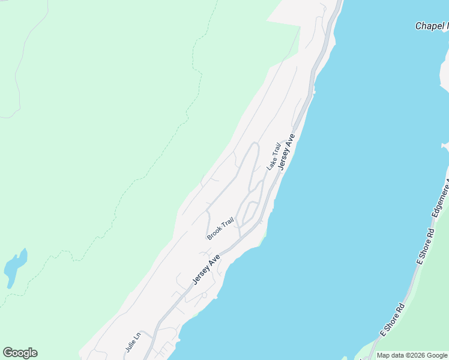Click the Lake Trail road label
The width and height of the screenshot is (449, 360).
[x=274, y=156]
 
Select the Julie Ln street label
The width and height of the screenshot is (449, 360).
[x=133, y=340]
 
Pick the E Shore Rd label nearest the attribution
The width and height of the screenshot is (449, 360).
[x=393, y=320]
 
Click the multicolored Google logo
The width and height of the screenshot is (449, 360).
[x=20, y=353]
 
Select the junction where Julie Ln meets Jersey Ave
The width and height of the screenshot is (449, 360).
[x=155, y=332]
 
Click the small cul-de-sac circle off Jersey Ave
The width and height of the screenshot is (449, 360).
[x=204, y=295]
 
